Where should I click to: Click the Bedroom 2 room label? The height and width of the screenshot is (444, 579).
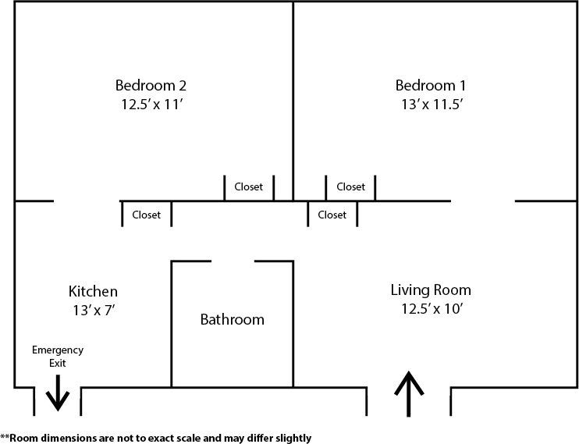click(x=151, y=85)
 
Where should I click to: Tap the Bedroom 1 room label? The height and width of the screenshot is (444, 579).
click(x=431, y=85)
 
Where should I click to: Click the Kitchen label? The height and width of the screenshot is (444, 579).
click(x=93, y=291)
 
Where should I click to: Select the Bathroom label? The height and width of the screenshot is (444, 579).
click(x=232, y=319)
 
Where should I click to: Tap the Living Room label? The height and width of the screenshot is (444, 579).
click(x=431, y=290)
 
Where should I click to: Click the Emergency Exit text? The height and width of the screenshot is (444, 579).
click(x=57, y=357)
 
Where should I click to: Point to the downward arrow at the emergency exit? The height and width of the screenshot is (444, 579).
click(x=57, y=392)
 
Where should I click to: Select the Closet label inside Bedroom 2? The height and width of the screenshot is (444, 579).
click(x=249, y=187)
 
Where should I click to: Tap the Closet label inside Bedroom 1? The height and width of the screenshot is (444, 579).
click(x=350, y=187)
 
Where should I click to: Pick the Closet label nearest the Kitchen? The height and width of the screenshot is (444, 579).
click(x=146, y=215)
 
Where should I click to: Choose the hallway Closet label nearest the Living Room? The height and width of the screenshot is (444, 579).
click(x=332, y=215)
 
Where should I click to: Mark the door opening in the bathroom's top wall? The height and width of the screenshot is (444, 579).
click(x=233, y=262)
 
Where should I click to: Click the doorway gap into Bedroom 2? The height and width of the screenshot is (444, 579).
click(x=86, y=201)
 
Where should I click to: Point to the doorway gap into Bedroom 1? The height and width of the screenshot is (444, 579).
click(x=483, y=201)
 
